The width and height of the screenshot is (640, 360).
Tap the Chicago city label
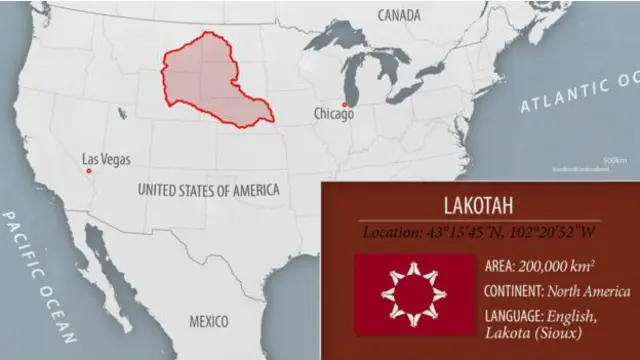coord(333,114)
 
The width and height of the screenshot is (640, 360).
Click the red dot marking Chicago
coord(343,104)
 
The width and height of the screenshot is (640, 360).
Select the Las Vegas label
coord(106,160)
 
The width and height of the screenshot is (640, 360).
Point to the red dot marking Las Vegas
coord(89,171)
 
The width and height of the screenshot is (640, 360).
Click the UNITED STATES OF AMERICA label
coord(208,189)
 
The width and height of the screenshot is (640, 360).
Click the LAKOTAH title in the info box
coord(479,206)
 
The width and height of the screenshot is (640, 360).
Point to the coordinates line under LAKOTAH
coord(479,233)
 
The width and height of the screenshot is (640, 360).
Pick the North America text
coord(588,291)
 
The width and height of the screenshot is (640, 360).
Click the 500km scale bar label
coord(614,159)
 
